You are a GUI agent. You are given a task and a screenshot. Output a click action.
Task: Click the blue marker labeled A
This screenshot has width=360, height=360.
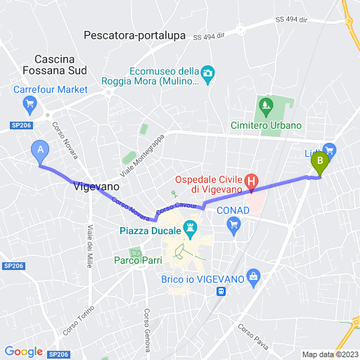click(40, 150)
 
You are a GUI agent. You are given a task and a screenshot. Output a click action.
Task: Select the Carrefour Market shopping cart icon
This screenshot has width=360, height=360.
click(30, 106)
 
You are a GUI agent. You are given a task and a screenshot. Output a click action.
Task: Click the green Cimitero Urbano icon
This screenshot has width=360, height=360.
click(266, 108)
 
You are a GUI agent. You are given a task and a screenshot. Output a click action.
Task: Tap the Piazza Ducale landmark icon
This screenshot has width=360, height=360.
click(190, 228)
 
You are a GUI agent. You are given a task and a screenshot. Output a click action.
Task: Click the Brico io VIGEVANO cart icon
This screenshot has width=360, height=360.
click(254, 275)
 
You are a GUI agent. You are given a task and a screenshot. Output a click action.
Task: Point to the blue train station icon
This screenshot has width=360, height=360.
click(222, 291)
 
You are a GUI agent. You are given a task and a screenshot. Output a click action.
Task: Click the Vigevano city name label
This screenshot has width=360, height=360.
click(96, 187)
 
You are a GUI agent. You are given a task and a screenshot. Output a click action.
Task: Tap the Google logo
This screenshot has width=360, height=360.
click(23, 352)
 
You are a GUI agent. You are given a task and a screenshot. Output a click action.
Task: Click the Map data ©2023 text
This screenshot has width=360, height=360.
click(330, 354)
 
